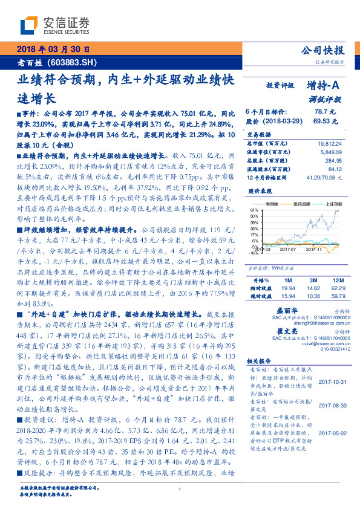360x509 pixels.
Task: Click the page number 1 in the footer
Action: click(x=180, y=490)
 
